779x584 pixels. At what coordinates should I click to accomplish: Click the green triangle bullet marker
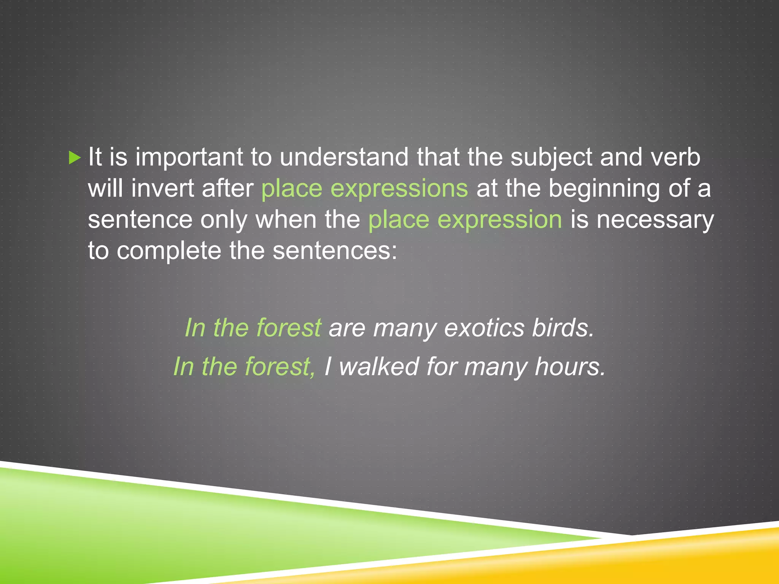tap(75, 157)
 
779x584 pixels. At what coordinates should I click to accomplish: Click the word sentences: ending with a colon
tap(335, 251)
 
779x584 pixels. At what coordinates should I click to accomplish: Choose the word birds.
tap(563, 328)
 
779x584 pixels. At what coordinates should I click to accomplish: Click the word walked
tap(378, 367)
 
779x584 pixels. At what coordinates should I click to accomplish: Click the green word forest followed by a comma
tap(280, 367)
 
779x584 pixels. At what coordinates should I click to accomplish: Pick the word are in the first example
tap(347, 328)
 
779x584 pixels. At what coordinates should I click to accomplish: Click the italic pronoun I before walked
tap(327, 367)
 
